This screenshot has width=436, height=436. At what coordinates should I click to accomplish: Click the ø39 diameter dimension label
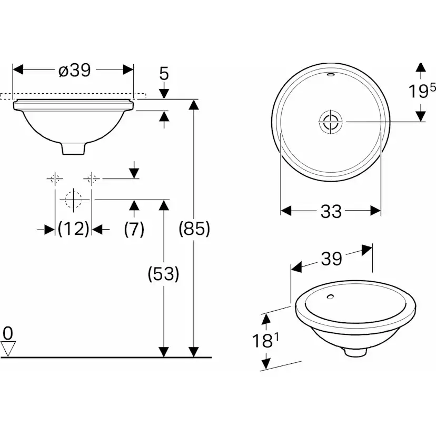pyautogui.click(x=74, y=70)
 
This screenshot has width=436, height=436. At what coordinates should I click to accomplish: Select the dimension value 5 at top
pyautogui.click(x=164, y=74)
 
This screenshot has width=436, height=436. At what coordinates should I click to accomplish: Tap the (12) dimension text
pyautogui.click(x=73, y=229)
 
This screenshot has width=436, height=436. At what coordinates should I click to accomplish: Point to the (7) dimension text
pyautogui.click(x=134, y=229)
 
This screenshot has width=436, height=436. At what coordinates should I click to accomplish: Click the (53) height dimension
pyautogui.click(x=164, y=274)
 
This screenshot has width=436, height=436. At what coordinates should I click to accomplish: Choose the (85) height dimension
pyautogui.click(x=194, y=229)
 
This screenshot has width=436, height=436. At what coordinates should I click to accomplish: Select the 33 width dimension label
pyautogui.click(x=331, y=212)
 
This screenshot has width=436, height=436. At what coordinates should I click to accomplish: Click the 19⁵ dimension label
pyautogui.click(x=422, y=92)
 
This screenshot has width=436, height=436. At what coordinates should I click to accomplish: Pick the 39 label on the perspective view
pyautogui.click(x=331, y=259)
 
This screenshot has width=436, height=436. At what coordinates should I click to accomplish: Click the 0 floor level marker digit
pyautogui.click(x=7, y=333)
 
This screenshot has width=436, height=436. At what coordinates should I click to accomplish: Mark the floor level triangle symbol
pyautogui.click(x=8, y=348)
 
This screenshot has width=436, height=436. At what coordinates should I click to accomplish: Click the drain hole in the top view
pyautogui.click(x=330, y=122)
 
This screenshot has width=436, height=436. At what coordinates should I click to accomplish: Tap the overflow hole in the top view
pyautogui.click(x=330, y=75)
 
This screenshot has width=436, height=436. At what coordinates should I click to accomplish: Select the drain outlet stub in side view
pyautogui.click(x=73, y=148)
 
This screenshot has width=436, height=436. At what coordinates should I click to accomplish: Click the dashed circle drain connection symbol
pyautogui.click(x=73, y=200)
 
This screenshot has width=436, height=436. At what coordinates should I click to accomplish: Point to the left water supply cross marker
pyautogui.click(x=55, y=179)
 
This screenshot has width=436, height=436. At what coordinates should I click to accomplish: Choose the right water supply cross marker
pyautogui.click(x=92, y=179)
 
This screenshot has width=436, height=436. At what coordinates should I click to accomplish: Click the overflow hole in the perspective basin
pyautogui.click(x=330, y=297)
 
